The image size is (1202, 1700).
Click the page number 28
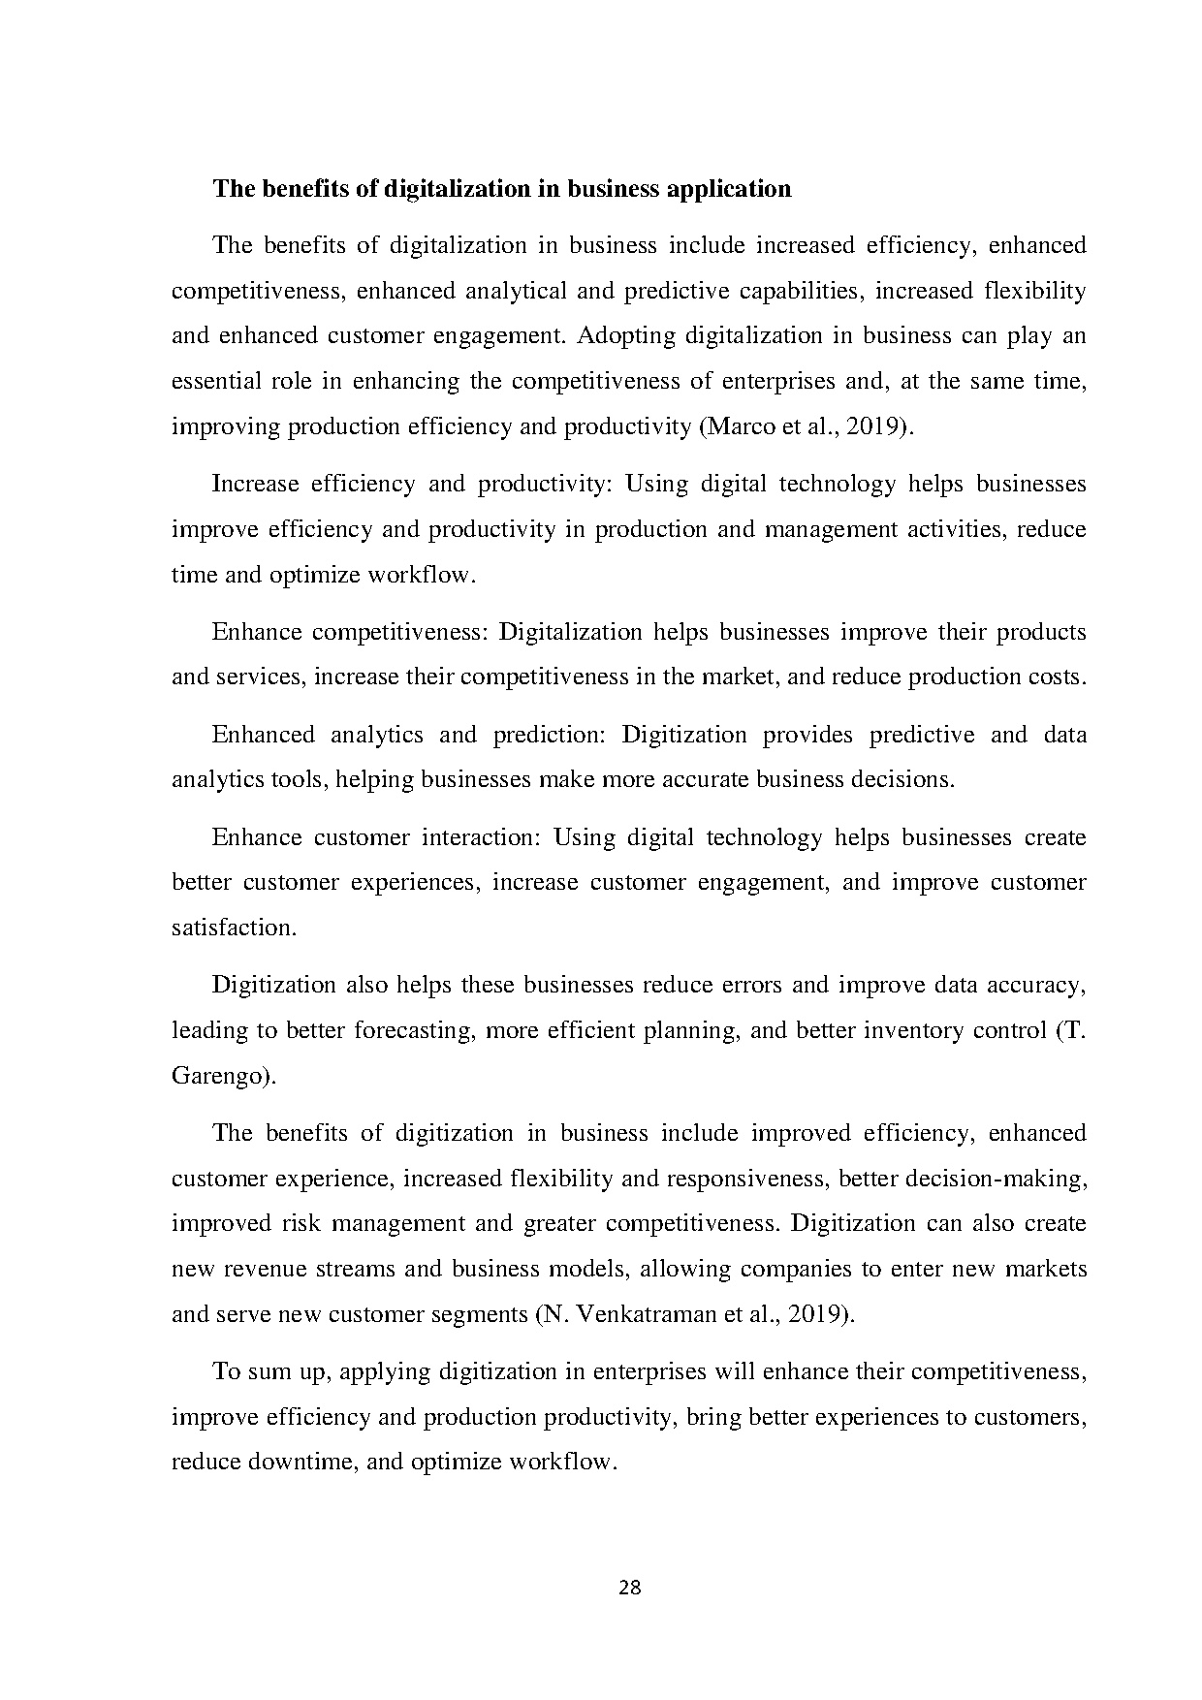629,1588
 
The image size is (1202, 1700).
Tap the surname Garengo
220,1076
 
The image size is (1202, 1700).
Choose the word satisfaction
232,928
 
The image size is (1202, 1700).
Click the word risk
301,1223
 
